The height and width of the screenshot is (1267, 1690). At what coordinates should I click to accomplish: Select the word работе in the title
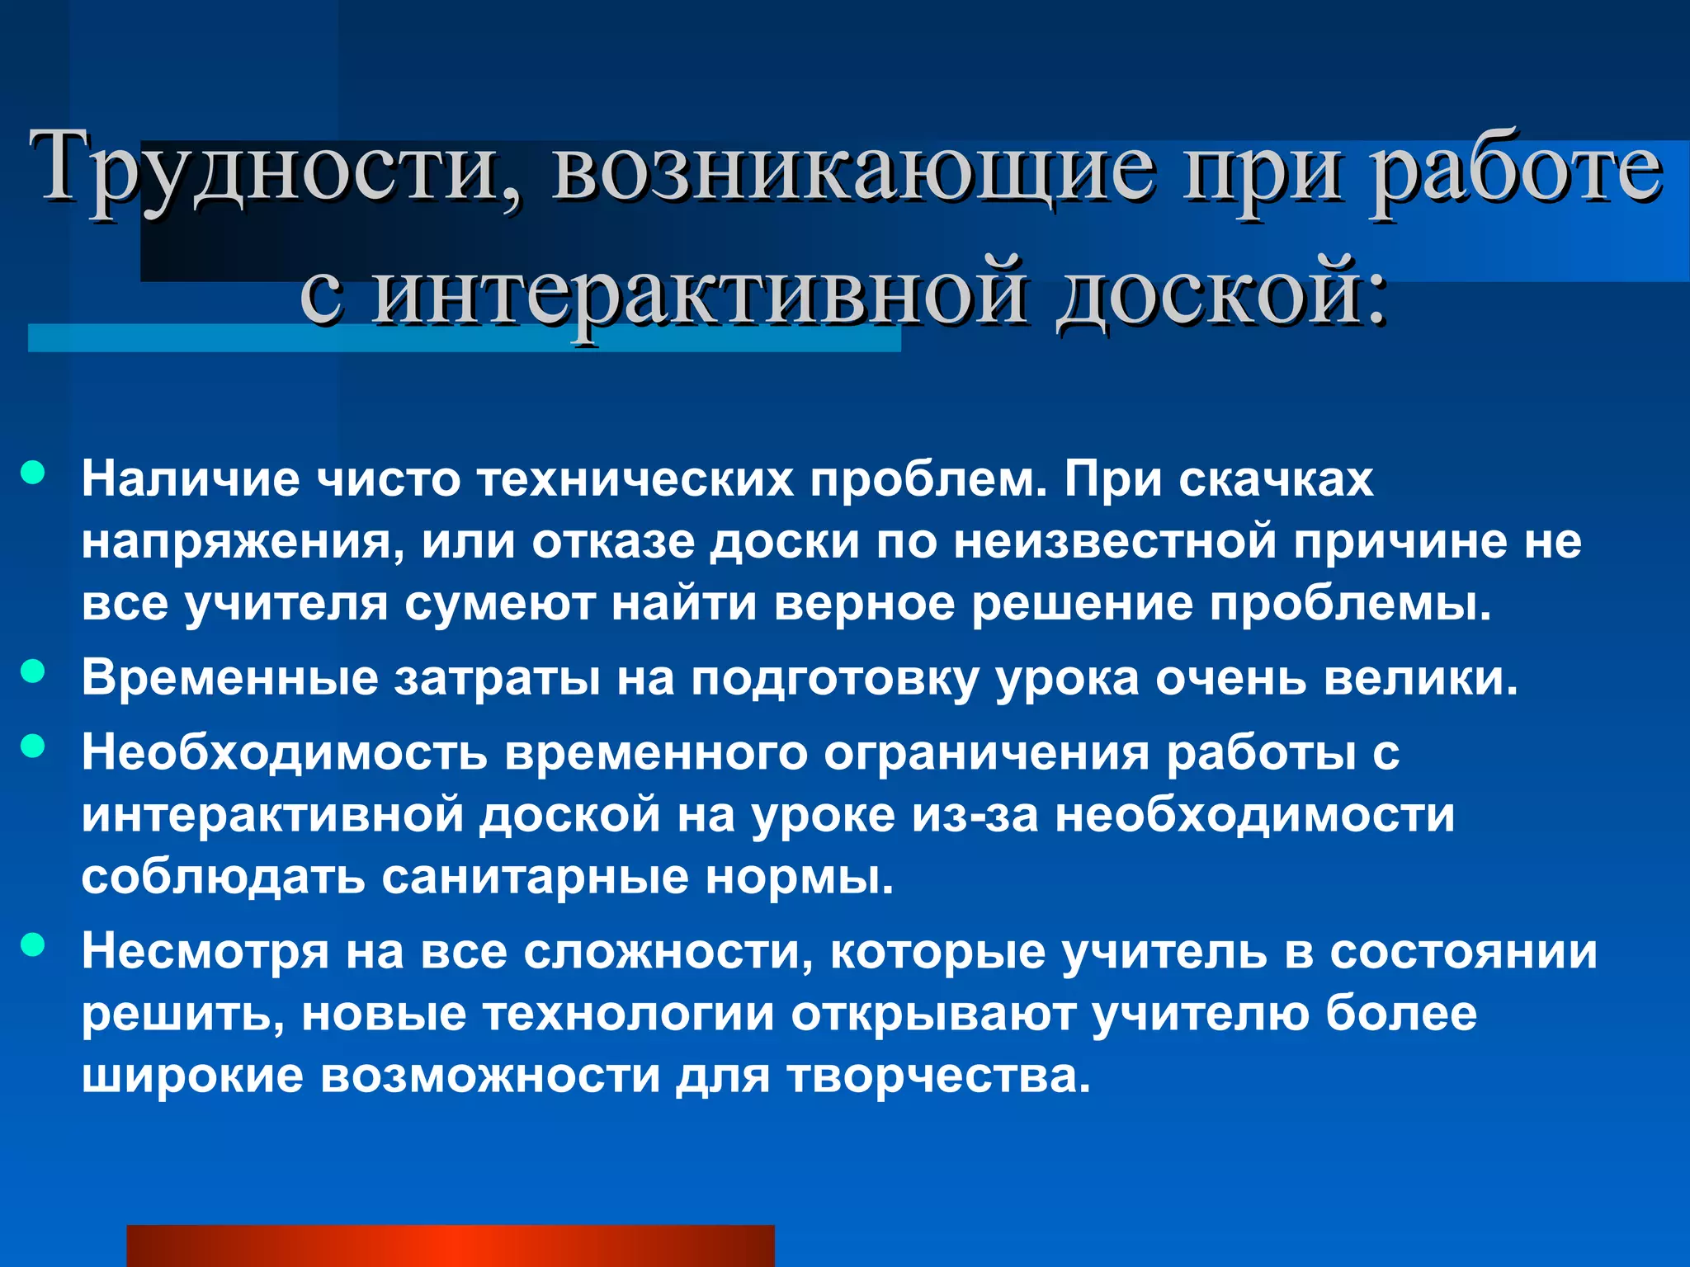point(1514,169)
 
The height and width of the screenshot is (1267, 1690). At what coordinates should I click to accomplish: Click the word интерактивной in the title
point(697,293)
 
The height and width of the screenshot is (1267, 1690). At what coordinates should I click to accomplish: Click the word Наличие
point(190,479)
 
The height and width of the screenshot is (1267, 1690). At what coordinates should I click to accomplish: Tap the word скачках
point(1276,479)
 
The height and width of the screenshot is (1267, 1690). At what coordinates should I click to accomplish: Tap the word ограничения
point(986,754)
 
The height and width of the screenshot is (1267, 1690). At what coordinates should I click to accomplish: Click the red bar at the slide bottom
point(450,1245)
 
